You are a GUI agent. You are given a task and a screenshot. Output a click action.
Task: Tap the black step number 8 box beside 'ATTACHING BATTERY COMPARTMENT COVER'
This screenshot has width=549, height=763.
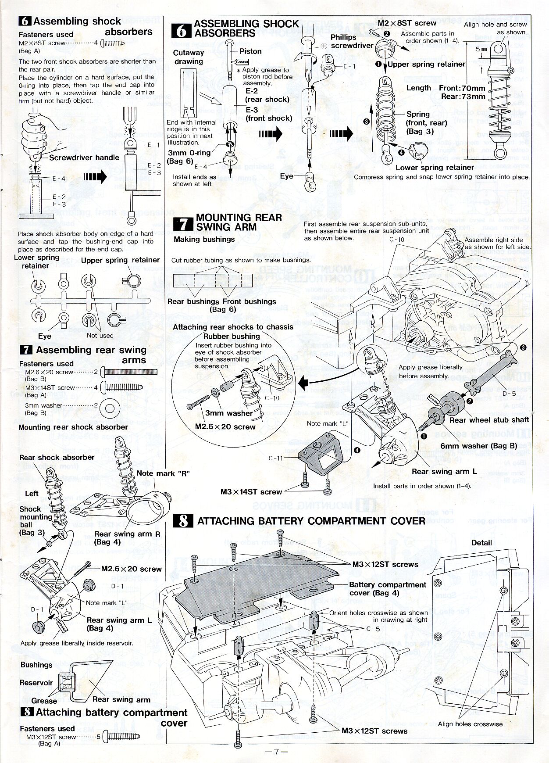(x=184, y=521)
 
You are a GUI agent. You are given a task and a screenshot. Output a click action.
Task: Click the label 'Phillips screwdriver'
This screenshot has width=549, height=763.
(x=351, y=41)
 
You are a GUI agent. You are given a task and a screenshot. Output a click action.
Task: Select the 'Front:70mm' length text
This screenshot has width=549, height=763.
(x=462, y=88)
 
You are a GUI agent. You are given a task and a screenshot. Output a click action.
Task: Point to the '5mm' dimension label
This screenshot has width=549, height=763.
(x=481, y=49)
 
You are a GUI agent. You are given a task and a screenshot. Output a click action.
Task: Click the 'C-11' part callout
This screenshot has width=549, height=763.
(x=276, y=458)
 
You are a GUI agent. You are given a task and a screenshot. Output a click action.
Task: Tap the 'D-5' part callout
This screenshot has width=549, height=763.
(x=509, y=394)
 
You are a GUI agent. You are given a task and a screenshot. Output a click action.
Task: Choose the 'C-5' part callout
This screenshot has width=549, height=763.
(x=373, y=629)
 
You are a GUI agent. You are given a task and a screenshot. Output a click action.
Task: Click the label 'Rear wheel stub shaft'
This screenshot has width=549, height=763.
(x=489, y=419)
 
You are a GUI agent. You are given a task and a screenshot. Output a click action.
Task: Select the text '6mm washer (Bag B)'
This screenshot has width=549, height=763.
(x=479, y=446)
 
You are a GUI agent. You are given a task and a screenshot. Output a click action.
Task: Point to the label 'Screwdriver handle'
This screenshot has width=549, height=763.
(x=84, y=158)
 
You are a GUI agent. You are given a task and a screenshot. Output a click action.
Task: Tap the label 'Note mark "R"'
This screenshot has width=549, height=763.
(x=163, y=473)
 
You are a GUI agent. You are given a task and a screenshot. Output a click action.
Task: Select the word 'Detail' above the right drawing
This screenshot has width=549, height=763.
(x=481, y=543)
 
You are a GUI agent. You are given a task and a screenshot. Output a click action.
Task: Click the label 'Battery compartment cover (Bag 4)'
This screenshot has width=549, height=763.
(x=387, y=589)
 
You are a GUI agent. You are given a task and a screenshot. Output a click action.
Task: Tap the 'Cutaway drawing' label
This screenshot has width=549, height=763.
(x=189, y=57)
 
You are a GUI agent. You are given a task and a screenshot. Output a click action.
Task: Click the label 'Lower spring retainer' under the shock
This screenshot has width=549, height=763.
(x=435, y=167)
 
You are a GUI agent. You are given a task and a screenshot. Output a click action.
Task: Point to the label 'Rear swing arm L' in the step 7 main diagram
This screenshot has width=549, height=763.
(x=444, y=472)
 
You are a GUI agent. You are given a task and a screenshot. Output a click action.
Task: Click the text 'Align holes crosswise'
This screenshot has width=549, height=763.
(x=470, y=724)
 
